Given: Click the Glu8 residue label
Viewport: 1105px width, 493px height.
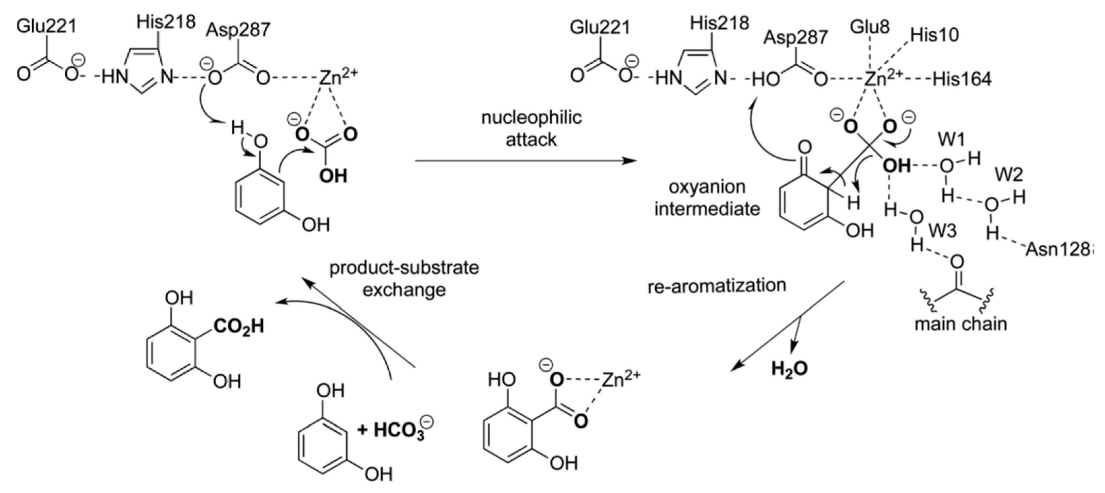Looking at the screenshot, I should click(x=870, y=27).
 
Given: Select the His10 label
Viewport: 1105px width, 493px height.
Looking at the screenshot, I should click(x=934, y=35).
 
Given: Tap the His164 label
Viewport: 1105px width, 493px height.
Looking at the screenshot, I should click(x=962, y=80).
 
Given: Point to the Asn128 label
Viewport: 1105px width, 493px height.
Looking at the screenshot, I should click(x=1058, y=249).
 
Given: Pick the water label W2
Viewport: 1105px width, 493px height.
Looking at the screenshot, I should click(x=1009, y=175).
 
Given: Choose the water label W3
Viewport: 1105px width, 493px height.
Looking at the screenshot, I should click(x=942, y=231).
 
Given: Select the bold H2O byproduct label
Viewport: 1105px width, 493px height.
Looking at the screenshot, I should click(x=789, y=369).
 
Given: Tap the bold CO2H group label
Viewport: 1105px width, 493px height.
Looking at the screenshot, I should click(x=238, y=327).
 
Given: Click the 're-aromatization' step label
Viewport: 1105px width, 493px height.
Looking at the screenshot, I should click(x=716, y=286).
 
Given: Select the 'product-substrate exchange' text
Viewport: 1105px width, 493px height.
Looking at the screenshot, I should click(x=404, y=278).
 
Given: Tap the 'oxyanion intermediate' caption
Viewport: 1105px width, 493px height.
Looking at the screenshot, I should click(x=707, y=198).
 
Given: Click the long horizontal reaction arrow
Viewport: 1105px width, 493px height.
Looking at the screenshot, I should click(x=523, y=161).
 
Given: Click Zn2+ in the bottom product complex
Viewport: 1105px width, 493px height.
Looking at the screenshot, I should click(x=620, y=380).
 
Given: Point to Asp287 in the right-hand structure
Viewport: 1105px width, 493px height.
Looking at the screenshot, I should click(x=795, y=37).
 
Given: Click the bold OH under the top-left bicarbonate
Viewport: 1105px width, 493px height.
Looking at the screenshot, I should click(x=333, y=176).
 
